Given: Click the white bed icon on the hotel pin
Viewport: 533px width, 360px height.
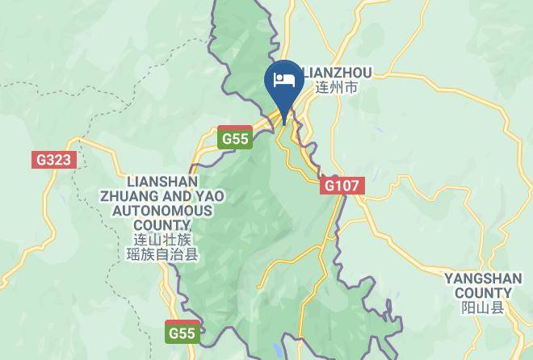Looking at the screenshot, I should (x=283, y=79).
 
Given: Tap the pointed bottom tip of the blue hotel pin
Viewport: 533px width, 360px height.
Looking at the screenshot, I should (x=283, y=123).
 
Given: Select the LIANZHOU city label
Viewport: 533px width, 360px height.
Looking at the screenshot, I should (x=338, y=73).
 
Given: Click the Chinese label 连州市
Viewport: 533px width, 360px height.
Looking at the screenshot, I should (x=336, y=87).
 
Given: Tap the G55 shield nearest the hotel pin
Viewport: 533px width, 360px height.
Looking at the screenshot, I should (x=235, y=138).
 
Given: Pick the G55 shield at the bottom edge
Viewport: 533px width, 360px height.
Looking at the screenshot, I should (x=183, y=333).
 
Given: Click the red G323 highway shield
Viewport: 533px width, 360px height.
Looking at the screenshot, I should (x=54, y=159).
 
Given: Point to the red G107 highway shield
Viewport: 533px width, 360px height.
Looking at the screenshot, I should (x=342, y=186).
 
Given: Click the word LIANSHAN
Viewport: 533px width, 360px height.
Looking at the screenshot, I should (x=162, y=181).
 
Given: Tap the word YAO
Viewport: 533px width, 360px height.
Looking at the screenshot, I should (x=208, y=196).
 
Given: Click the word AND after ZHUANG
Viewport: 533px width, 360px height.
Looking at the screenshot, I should (x=175, y=196).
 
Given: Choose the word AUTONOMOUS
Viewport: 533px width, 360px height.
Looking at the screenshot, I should (x=162, y=211).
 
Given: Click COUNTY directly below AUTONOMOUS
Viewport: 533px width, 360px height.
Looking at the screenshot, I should (x=162, y=225).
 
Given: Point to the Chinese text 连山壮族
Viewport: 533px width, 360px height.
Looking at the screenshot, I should (x=162, y=240).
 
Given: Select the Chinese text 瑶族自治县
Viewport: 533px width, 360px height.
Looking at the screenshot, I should (x=162, y=255).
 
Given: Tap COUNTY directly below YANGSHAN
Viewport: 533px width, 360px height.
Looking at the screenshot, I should (x=483, y=293).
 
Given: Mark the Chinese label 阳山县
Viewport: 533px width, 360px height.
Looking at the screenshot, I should (x=483, y=308).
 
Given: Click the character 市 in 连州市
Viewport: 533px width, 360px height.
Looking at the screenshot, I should (x=350, y=87).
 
